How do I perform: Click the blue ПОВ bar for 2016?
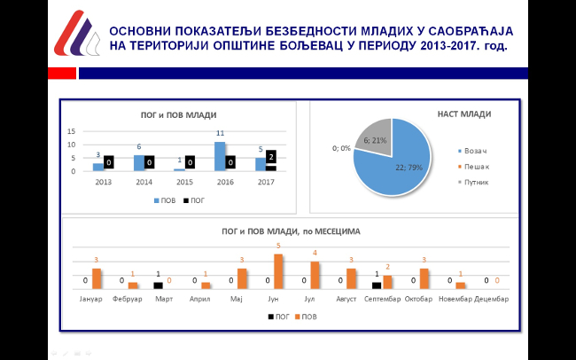point(220,156)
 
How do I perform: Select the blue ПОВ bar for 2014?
point(139,162)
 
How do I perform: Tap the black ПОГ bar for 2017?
point(271,168)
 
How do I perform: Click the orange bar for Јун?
point(278,271)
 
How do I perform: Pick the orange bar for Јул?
point(314,275)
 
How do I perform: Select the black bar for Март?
point(158,286)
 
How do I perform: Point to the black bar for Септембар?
point(377,286)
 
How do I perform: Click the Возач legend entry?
point(475,152)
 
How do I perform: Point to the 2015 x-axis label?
point(184,181)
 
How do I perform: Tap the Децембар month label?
point(491,299)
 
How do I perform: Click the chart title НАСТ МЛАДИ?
point(464,113)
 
